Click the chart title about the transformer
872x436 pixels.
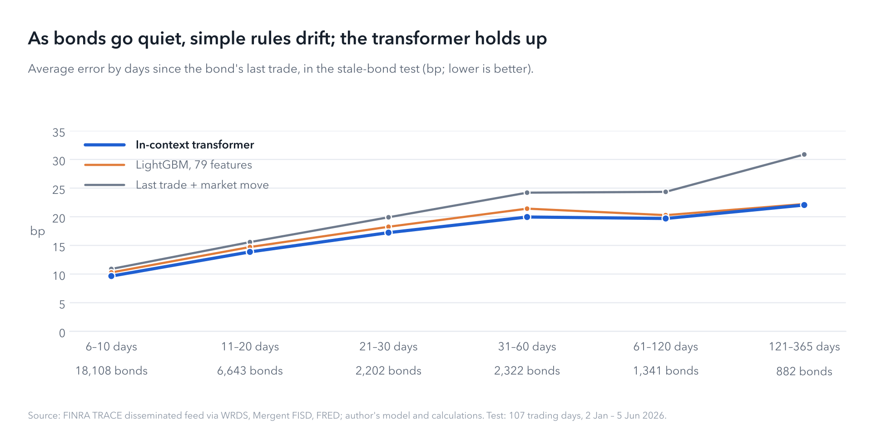(287, 39)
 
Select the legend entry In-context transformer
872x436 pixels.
(195, 145)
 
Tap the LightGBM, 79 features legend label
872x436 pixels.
(194, 165)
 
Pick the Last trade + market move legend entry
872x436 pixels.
(202, 185)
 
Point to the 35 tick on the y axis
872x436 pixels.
(59, 133)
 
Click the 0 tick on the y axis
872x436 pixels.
(62, 333)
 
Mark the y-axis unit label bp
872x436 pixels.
(38, 231)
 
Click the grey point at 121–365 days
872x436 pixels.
(804, 155)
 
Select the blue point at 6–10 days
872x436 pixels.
(111, 276)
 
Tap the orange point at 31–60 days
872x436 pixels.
(527, 209)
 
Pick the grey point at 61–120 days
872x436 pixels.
(665, 192)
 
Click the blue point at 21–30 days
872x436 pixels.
(388, 233)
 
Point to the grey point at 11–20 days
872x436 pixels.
(250, 242)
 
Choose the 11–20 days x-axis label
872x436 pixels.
(250, 347)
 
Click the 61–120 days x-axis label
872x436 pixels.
(665, 347)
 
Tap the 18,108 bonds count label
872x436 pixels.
(111, 371)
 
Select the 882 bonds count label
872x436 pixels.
(804, 372)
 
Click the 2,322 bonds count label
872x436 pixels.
(527, 371)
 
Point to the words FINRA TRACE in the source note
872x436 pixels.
(93, 416)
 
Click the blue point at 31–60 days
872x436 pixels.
(527, 217)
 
